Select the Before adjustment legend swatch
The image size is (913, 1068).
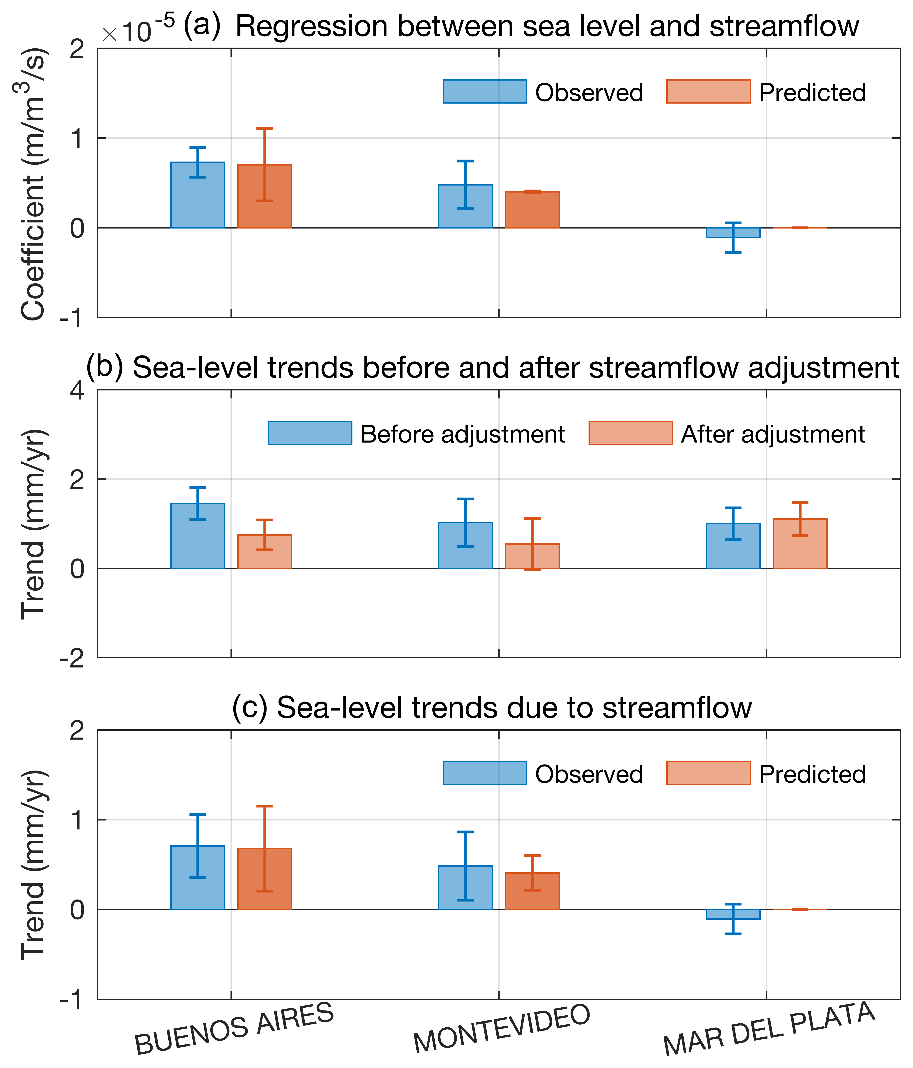click(x=310, y=433)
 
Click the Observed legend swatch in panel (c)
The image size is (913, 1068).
click(x=485, y=773)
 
